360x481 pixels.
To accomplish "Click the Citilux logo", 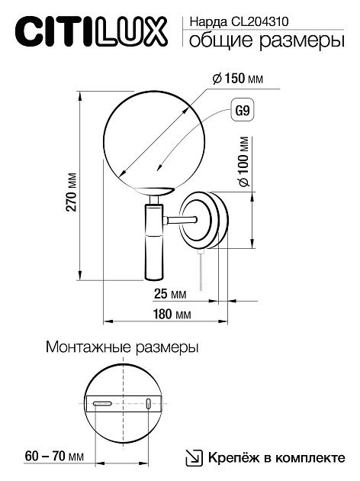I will [x=90, y=31].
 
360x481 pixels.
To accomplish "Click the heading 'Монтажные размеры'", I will [x=122, y=347].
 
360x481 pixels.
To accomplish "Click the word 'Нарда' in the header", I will [x=204, y=23].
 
